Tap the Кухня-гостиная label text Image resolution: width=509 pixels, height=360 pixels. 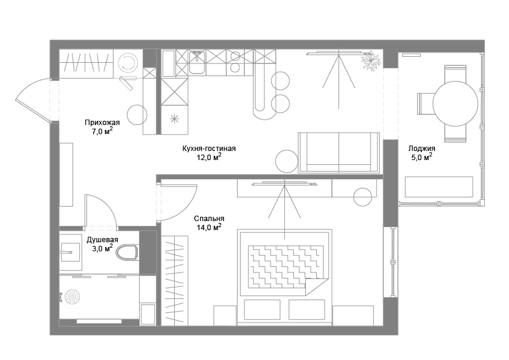[x=209, y=149]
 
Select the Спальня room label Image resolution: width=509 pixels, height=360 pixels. [x=209, y=219]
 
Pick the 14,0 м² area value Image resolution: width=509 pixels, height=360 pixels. [x=209, y=228]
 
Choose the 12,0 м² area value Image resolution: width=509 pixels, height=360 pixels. [x=209, y=158]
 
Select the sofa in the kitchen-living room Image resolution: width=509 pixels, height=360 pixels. [x=339, y=153]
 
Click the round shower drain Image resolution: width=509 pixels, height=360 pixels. [x=73, y=297]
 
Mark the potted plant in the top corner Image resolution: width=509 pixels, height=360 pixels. [x=370, y=60]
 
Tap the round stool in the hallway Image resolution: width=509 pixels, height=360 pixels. [x=137, y=114]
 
